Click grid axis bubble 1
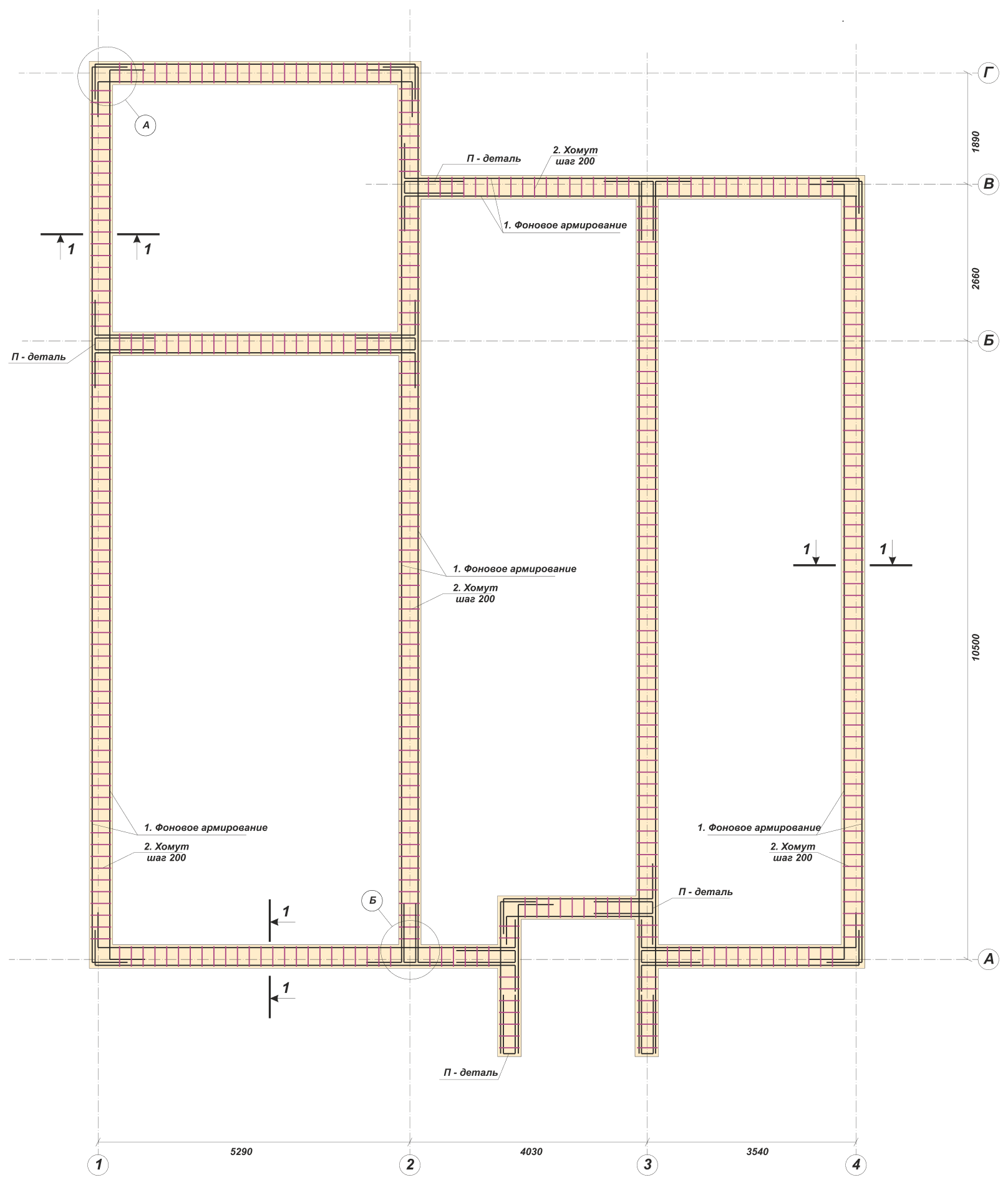coord(99,1164)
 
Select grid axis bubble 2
coord(410,1164)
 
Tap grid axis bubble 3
coord(647,1164)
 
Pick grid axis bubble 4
coord(856,1164)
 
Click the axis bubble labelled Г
coord(988,74)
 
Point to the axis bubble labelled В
coord(988,185)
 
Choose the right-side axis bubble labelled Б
coord(988,341)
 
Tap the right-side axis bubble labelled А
coord(988,959)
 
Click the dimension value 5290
coord(241,1151)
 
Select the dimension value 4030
coord(531,1151)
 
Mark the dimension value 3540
coord(757,1151)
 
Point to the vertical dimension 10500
coord(976,648)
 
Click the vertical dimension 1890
coord(976,142)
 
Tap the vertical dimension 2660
coord(976,279)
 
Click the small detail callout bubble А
coord(146,125)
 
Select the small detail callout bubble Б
coord(372,901)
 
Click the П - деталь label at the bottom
coord(471,1073)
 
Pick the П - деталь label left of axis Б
coord(39,357)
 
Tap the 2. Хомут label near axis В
coord(575,156)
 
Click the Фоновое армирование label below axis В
coord(565,226)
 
